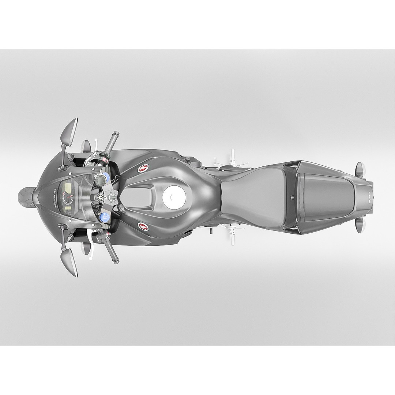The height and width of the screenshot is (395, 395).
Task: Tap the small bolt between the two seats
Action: coord(292,198)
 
